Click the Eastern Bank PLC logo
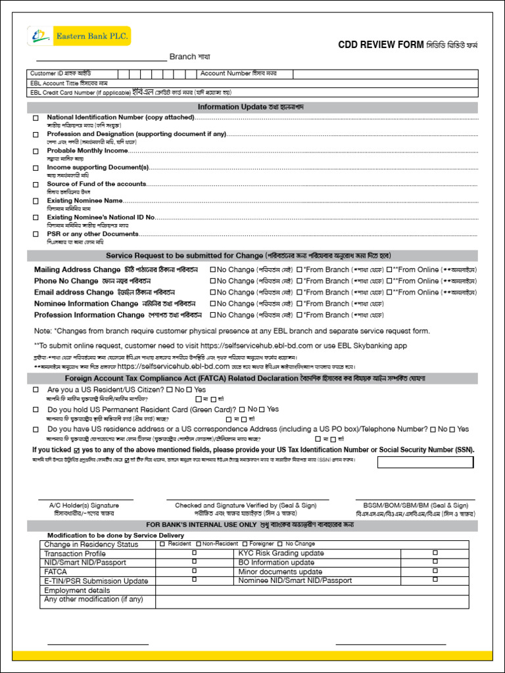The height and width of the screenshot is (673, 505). click(x=78, y=36)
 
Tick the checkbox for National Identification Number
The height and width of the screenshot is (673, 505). click(x=36, y=118)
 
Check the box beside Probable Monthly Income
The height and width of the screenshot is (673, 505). click(x=36, y=151)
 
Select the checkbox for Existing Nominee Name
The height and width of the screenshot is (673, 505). click(x=36, y=201)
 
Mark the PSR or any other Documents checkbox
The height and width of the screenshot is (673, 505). click(x=36, y=235)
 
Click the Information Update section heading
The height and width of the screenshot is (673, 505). click(x=252, y=107)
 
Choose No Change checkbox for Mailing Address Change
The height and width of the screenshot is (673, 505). click(x=212, y=269)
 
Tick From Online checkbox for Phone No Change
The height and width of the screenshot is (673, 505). click(x=389, y=281)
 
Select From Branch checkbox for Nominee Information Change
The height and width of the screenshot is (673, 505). click(x=299, y=304)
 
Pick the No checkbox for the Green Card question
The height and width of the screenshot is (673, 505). click(x=242, y=409)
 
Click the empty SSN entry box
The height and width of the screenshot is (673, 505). click(x=425, y=462)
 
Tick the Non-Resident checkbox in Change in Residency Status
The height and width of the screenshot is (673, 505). click(x=198, y=544)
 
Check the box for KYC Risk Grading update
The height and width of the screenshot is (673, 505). click(x=435, y=553)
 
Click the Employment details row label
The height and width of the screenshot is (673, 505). click(x=77, y=590)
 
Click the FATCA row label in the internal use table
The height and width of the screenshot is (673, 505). click(x=55, y=572)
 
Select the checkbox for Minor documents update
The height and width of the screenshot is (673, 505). click(x=435, y=572)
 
